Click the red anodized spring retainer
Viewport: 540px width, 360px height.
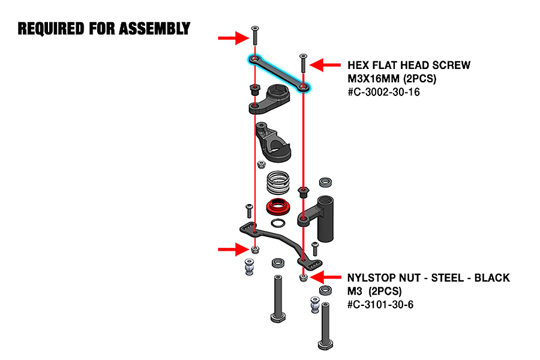[x=277, y=207]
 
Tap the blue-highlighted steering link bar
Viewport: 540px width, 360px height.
[x=280, y=73]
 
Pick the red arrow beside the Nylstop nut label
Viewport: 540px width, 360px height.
[x=328, y=277]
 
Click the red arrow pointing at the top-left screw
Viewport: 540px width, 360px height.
[x=233, y=38]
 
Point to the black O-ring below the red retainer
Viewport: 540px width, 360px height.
[x=277, y=224]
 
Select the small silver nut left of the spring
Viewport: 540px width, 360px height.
[x=261, y=164]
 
